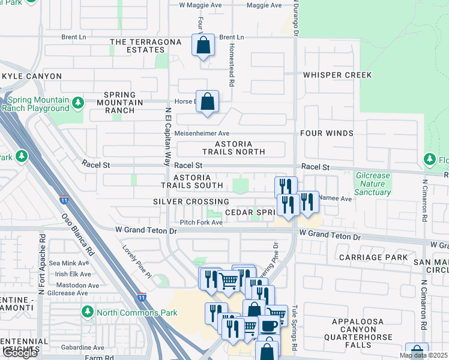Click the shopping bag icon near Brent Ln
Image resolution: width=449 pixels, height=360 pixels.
(x=203, y=45)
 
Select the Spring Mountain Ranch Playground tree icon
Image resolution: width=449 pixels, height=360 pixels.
(x=77, y=103)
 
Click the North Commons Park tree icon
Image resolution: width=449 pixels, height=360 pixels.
(x=88, y=312)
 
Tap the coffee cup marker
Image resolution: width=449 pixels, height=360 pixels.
(x=268, y=326)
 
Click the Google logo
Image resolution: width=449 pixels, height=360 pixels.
(x=20, y=352)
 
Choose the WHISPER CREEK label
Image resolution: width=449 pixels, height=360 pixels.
(x=337, y=75)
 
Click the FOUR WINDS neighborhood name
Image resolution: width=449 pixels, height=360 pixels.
(x=327, y=133)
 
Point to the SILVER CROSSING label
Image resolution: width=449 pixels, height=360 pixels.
(x=191, y=202)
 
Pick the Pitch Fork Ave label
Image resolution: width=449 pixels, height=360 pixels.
(x=198, y=223)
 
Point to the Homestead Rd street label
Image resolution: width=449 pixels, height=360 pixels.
(x=232, y=56)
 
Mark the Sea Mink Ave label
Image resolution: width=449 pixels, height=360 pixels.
(x=70, y=263)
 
